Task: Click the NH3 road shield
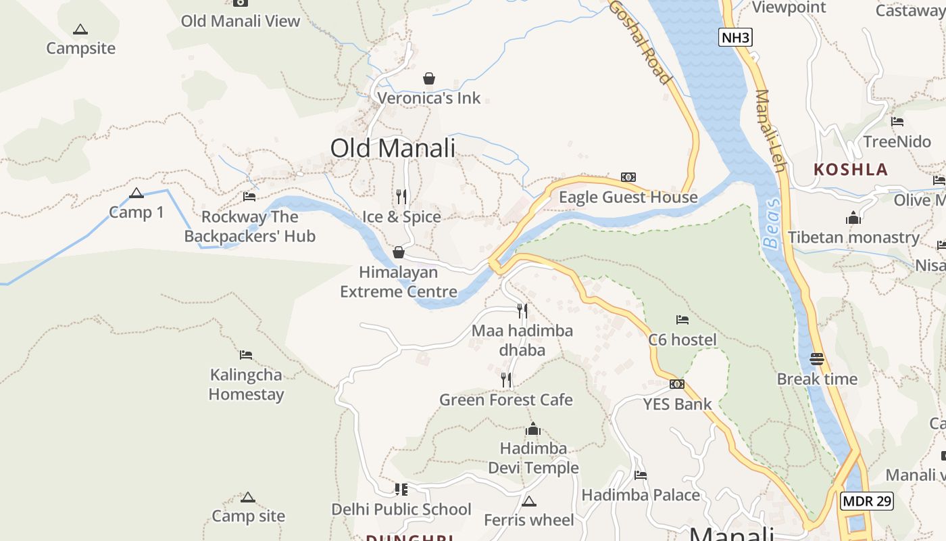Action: (735, 37)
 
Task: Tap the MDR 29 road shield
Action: (867, 501)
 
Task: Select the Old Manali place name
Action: (393, 148)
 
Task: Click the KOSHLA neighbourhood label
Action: (851, 169)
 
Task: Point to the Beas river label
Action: (771, 224)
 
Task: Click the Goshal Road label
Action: (641, 41)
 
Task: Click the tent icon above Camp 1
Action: (136, 193)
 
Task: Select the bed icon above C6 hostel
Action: (682, 319)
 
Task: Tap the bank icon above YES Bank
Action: (677, 384)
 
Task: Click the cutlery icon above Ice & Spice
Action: (401, 197)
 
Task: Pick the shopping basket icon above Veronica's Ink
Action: (429, 78)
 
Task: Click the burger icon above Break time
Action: (817, 359)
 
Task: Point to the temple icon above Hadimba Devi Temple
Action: (533, 429)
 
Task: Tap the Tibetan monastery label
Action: (854, 237)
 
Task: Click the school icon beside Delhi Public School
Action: (401, 489)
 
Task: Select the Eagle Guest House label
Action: (628, 197)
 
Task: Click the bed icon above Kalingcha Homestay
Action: (246, 354)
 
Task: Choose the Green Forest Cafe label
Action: (506, 400)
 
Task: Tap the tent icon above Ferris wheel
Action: (529, 501)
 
